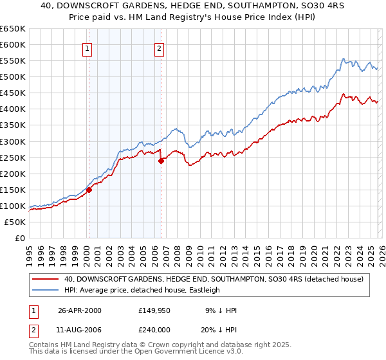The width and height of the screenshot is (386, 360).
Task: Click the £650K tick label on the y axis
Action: (x=13, y=29)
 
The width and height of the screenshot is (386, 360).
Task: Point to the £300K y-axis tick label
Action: (x=13, y=141)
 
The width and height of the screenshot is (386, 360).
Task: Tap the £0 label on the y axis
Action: (x=19, y=238)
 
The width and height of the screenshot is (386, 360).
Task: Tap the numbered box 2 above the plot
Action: (x=159, y=47)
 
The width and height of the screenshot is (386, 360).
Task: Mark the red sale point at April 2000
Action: (x=89, y=190)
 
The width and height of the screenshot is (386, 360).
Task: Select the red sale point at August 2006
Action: (x=161, y=161)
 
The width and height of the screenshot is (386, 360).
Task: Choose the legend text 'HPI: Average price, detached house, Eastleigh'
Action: (x=142, y=290)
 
